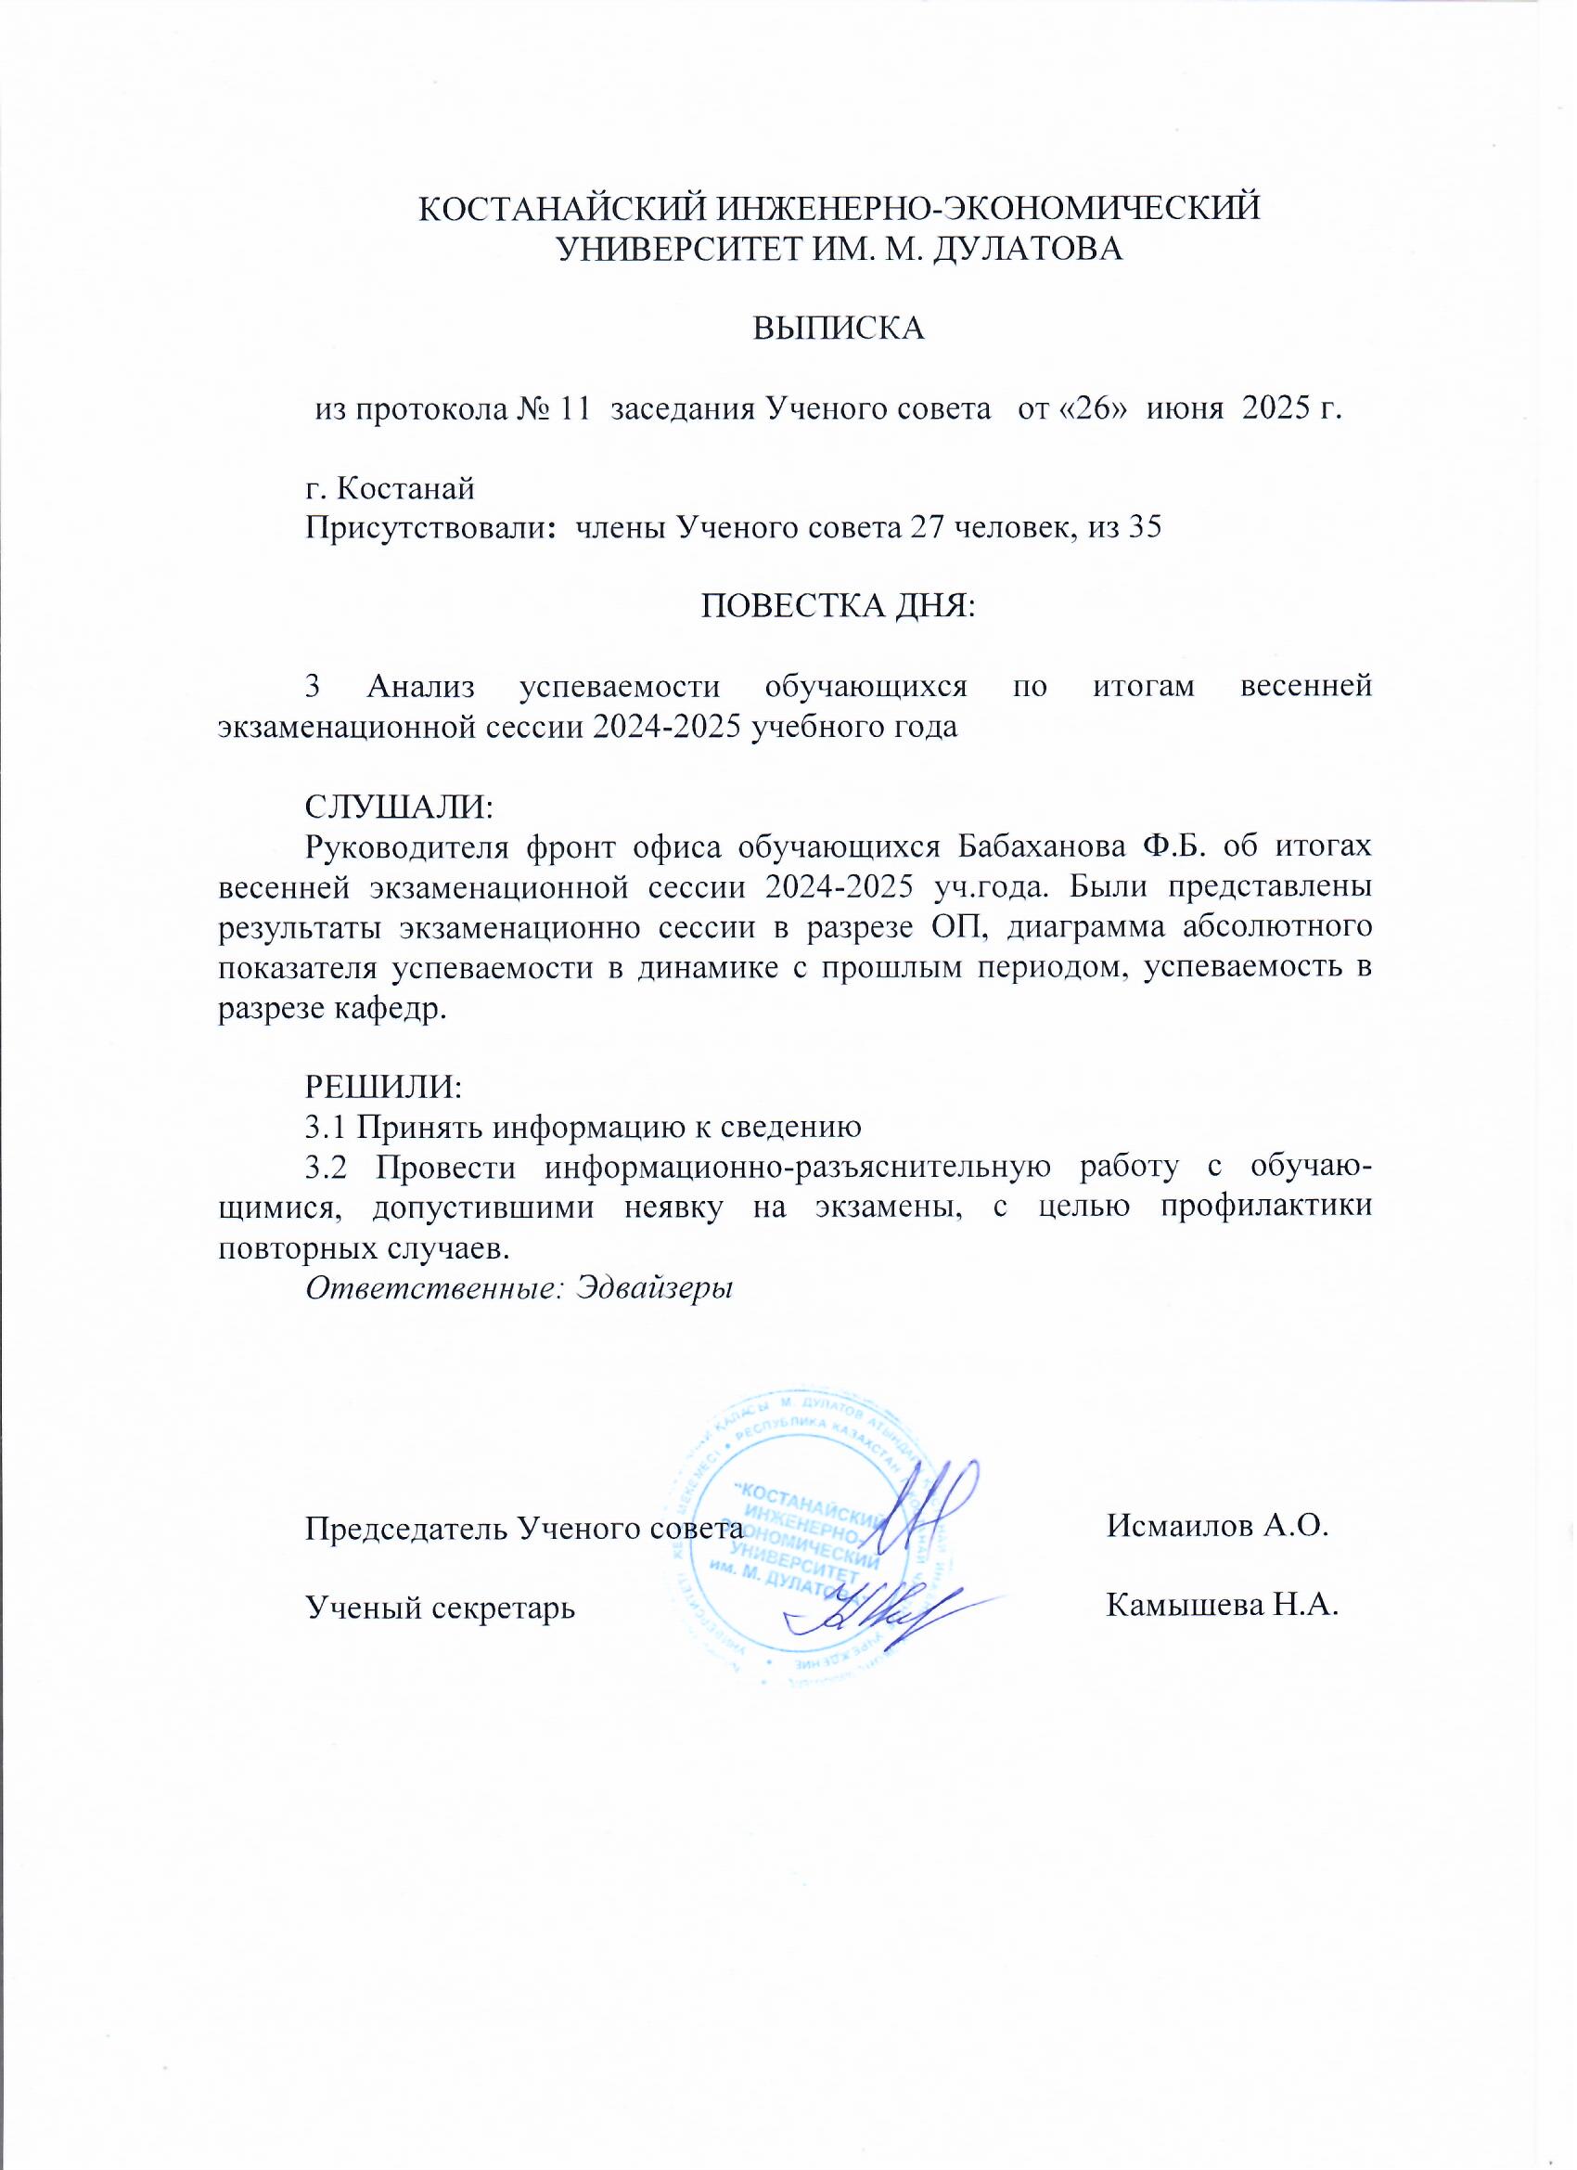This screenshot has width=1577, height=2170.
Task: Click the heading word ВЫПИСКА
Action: coord(839,329)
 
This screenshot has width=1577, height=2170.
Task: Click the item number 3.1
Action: coord(327,1127)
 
